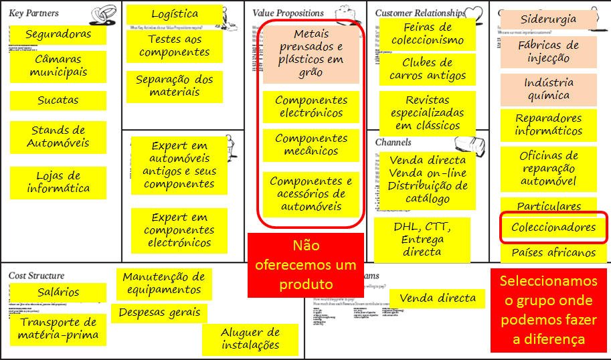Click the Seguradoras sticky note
click(58, 34)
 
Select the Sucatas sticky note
click(58, 100)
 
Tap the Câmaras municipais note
click(58, 66)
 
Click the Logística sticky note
click(175, 14)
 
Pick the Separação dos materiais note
click(175, 86)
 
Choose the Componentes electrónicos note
click(311, 107)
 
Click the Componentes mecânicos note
click(311, 145)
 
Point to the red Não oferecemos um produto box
click(306, 264)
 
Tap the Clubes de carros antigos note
click(428, 70)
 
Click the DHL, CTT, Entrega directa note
click(422, 239)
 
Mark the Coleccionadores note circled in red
click(553, 228)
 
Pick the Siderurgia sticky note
click(548, 19)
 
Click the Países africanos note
click(553, 253)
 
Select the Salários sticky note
click(58, 292)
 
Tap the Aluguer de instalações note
click(250, 339)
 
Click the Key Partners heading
click(33, 13)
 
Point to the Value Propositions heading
click(288, 13)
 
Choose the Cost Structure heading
click(37, 276)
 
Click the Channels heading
click(394, 143)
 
